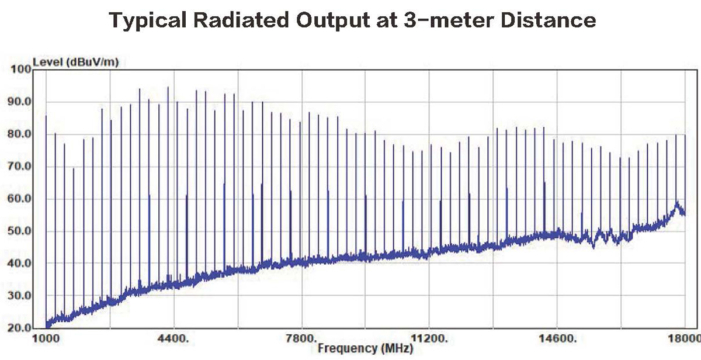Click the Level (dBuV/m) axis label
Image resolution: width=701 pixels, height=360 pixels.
pyautogui.click(x=75, y=62)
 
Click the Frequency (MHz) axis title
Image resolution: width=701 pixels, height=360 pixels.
pyautogui.click(x=366, y=349)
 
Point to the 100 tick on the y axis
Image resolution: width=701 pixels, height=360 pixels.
pyautogui.click(x=21, y=70)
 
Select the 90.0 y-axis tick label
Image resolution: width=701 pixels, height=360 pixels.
pyautogui.click(x=21, y=102)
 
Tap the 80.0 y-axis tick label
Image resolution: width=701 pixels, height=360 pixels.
pyautogui.click(x=21, y=134)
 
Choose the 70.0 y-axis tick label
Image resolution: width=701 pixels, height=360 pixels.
pyautogui.click(x=21, y=167)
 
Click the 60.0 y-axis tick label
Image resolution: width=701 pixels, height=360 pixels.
pyautogui.click(x=21, y=199)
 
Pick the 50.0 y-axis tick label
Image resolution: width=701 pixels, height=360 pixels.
pyautogui.click(x=21, y=231)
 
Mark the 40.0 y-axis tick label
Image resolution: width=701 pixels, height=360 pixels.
pyautogui.click(x=21, y=263)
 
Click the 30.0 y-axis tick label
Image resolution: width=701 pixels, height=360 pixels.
pyautogui.click(x=21, y=296)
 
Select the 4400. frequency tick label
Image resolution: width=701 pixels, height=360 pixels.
pyautogui.click(x=173, y=338)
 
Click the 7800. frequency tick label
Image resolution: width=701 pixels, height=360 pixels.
pyautogui.click(x=301, y=338)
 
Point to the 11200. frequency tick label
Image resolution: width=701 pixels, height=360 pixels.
pyautogui.click(x=429, y=338)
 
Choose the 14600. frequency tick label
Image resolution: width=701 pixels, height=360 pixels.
pyautogui.click(x=557, y=338)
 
